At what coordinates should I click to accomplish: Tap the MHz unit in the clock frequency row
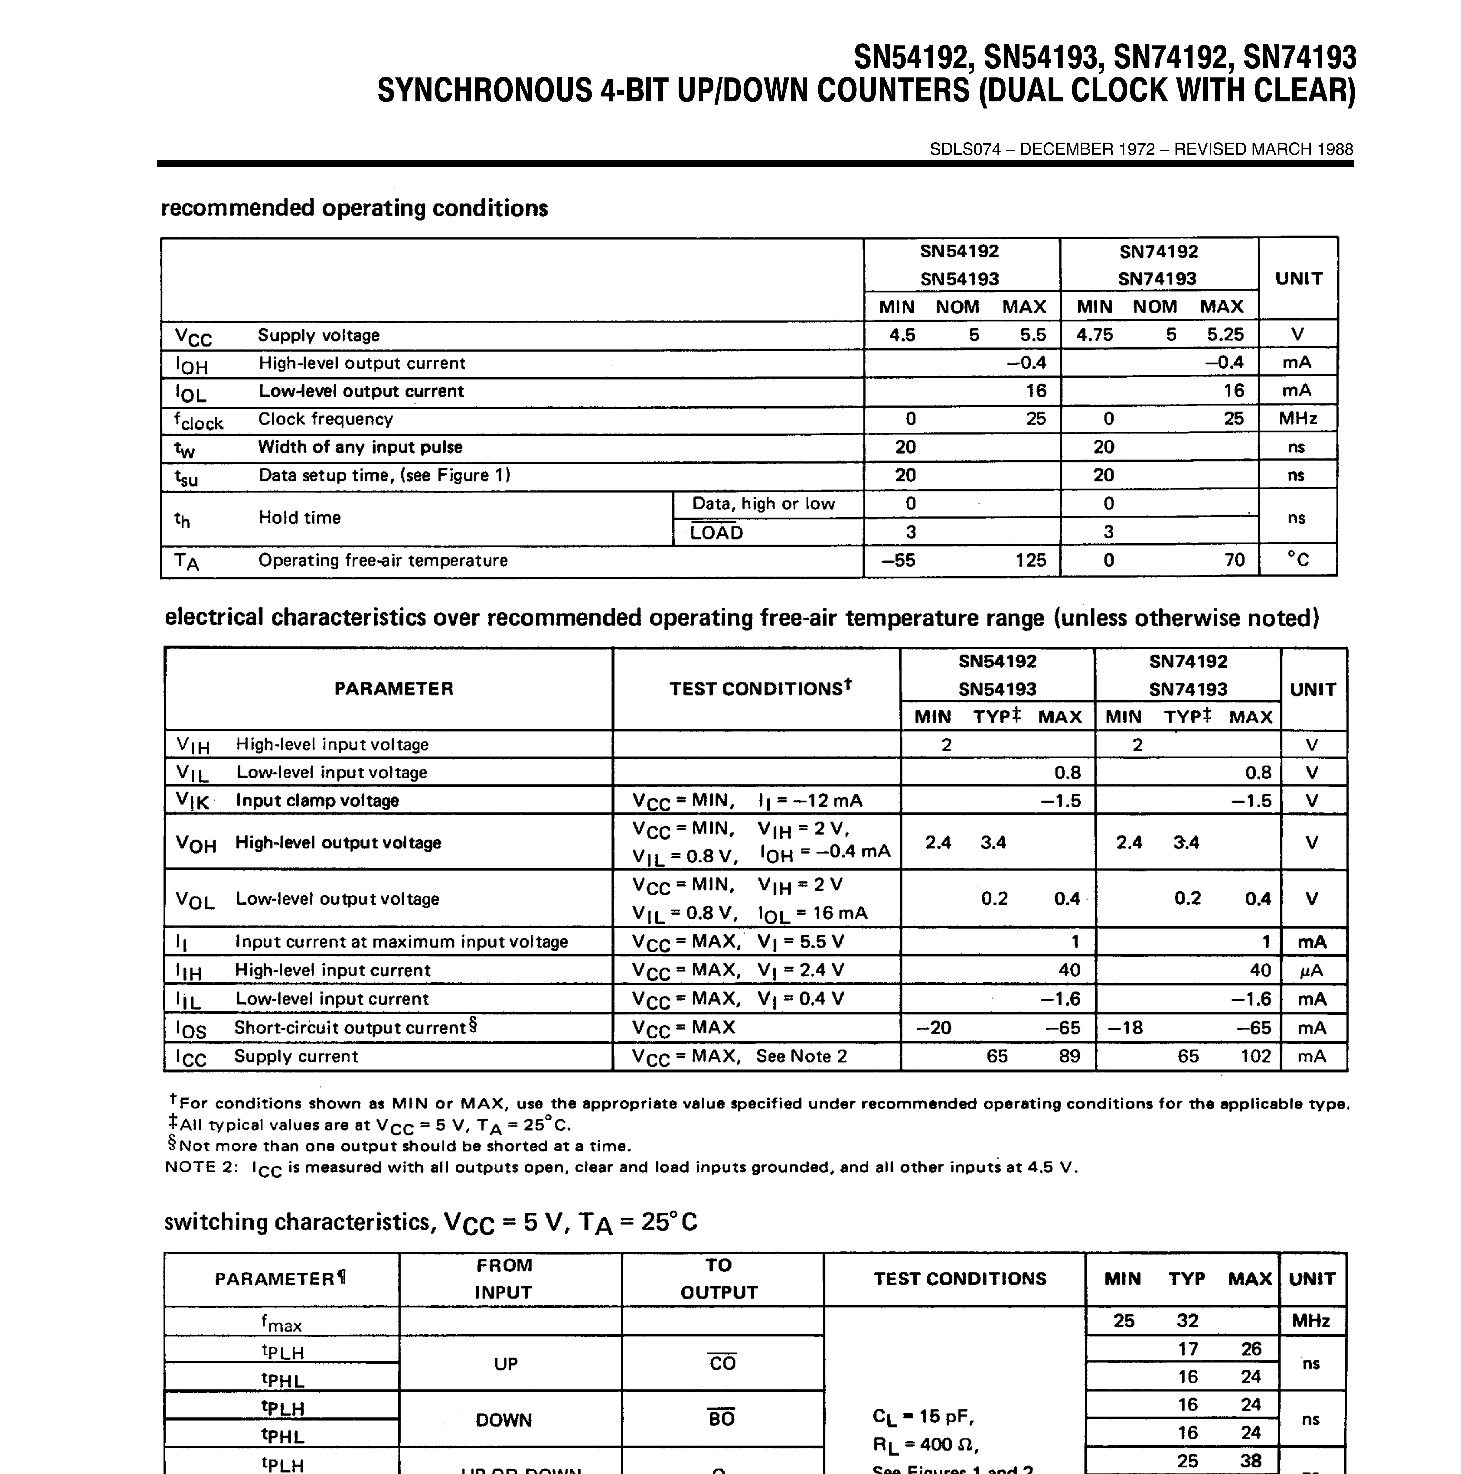pos(1298,418)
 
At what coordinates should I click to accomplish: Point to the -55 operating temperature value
pos(898,560)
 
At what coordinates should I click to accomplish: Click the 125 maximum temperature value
pos(1030,560)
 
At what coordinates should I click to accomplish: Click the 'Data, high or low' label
pos(763,503)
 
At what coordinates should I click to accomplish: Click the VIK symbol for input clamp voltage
pos(192,800)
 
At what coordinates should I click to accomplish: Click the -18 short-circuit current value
pos(1125,1028)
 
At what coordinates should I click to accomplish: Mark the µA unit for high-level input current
pos(1311,971)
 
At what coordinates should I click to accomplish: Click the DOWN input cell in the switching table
pos(503,1420)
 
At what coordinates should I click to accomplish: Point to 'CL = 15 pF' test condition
pos(923,1417)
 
